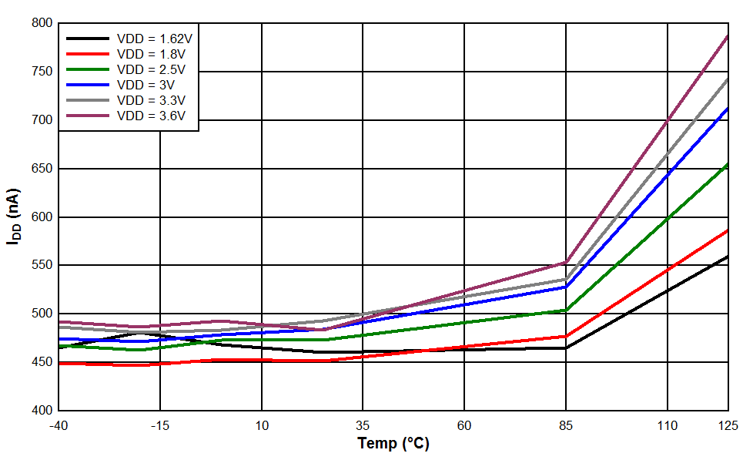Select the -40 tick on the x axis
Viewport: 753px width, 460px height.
[x=59, y=425]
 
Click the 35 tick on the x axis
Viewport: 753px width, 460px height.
[x=363, y=425]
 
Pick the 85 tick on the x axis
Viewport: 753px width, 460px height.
[x=566, y=425]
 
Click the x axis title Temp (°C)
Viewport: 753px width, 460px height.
[x=393, y=444]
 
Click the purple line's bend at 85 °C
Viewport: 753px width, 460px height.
[x=566, y=263]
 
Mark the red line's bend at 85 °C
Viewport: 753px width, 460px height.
[x=566, y=336]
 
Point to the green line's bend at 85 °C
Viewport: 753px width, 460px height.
[x=566, y=311]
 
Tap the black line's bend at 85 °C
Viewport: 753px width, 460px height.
[x=566, y=348]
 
